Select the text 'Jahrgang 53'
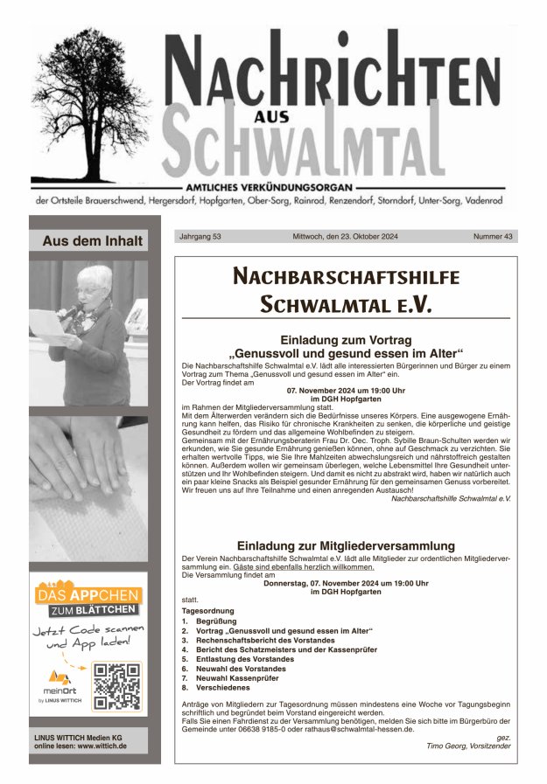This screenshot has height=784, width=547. coord(200,237)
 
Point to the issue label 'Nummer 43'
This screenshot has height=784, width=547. coord(493,237)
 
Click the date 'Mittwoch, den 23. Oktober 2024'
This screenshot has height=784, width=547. coord(345,237)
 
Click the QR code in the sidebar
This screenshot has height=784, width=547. coord(116,686)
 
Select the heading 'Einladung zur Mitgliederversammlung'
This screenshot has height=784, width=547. coord(346,545)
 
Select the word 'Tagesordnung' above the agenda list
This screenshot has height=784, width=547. coord(208,610)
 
